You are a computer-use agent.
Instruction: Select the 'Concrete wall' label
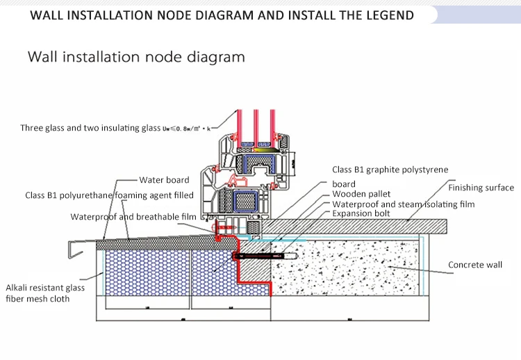[474, 265]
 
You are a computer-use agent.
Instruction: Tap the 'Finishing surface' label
[481, 188]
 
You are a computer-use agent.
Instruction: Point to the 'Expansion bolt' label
[361, 214]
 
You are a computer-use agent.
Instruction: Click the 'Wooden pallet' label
[361, 194]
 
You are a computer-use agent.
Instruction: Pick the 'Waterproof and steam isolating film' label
[403, 204]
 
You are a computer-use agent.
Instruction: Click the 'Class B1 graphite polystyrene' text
[390, 170]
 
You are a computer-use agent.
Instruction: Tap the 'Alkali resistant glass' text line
[45, 287]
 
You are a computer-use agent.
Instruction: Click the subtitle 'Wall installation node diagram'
[136, 57]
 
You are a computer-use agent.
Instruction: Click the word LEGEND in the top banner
[386, 15]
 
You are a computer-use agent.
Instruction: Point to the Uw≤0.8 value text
[185, 128]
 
